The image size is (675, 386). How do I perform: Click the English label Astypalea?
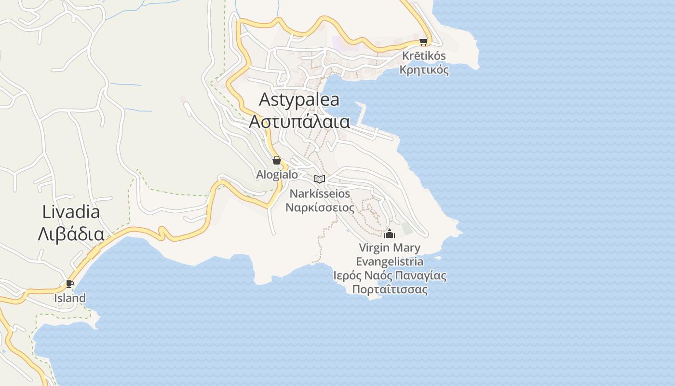click(x=299, y=100)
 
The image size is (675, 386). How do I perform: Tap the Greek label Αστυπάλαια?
click(x=299, y=121)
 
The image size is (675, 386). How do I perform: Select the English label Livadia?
click(x=71, y=212)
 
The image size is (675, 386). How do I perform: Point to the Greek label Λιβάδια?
click(x=71, y=234)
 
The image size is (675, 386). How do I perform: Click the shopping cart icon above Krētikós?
click(x=423, y=41)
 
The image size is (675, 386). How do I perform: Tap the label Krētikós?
click(x=424, y=56)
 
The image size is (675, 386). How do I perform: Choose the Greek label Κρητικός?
click(x=424, y=70)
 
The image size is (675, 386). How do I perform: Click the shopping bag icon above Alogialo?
click(x=277, y=160)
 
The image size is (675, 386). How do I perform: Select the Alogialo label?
click(x=277, y=175)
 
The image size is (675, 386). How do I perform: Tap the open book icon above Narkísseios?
click(x=320, y=179)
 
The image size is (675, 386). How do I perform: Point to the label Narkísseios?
click(x=320, y=193)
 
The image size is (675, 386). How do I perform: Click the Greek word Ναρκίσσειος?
click(x=320, y=208)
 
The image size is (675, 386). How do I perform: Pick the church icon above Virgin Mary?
click(x=390, y=234)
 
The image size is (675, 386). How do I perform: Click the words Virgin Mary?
click(x=390, y=248)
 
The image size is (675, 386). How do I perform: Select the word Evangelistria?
click(x=390, y=262)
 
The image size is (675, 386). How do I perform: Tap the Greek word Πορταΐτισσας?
click(x=390, y=290)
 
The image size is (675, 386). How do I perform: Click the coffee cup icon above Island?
click(x=70, y=284)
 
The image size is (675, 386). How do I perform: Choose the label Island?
click(x=70, y=298)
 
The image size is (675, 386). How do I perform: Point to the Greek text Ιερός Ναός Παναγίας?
click(x=390, y=276)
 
